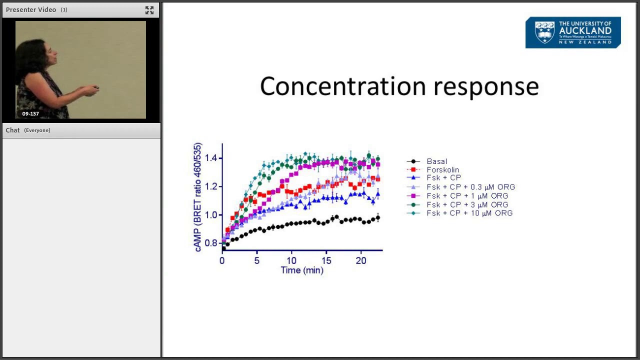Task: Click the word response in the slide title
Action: coord(486,87)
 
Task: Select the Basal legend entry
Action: coord(436,161)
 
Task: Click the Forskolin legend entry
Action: coord(442,170)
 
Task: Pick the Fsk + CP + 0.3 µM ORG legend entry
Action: coord(470,187)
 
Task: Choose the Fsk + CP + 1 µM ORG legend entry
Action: coord(467,196)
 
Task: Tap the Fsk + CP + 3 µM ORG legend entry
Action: coord(467,204)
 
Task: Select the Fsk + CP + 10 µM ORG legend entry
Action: coord(469,213)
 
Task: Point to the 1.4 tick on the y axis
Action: coord(210,158)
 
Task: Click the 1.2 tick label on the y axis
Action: coord(210,186)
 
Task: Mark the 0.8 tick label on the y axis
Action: coord(210,243)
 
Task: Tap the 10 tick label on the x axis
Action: coord(291,260)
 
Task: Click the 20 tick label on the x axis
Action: coord(360,260)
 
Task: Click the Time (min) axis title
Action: coord(301,270)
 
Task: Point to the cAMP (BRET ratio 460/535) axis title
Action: coord(198,197)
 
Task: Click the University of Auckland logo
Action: coord(573,32)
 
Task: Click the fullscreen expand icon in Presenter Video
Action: coord(149,10)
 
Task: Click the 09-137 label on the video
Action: coord(30,114)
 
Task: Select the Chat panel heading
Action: coord(13,130)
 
